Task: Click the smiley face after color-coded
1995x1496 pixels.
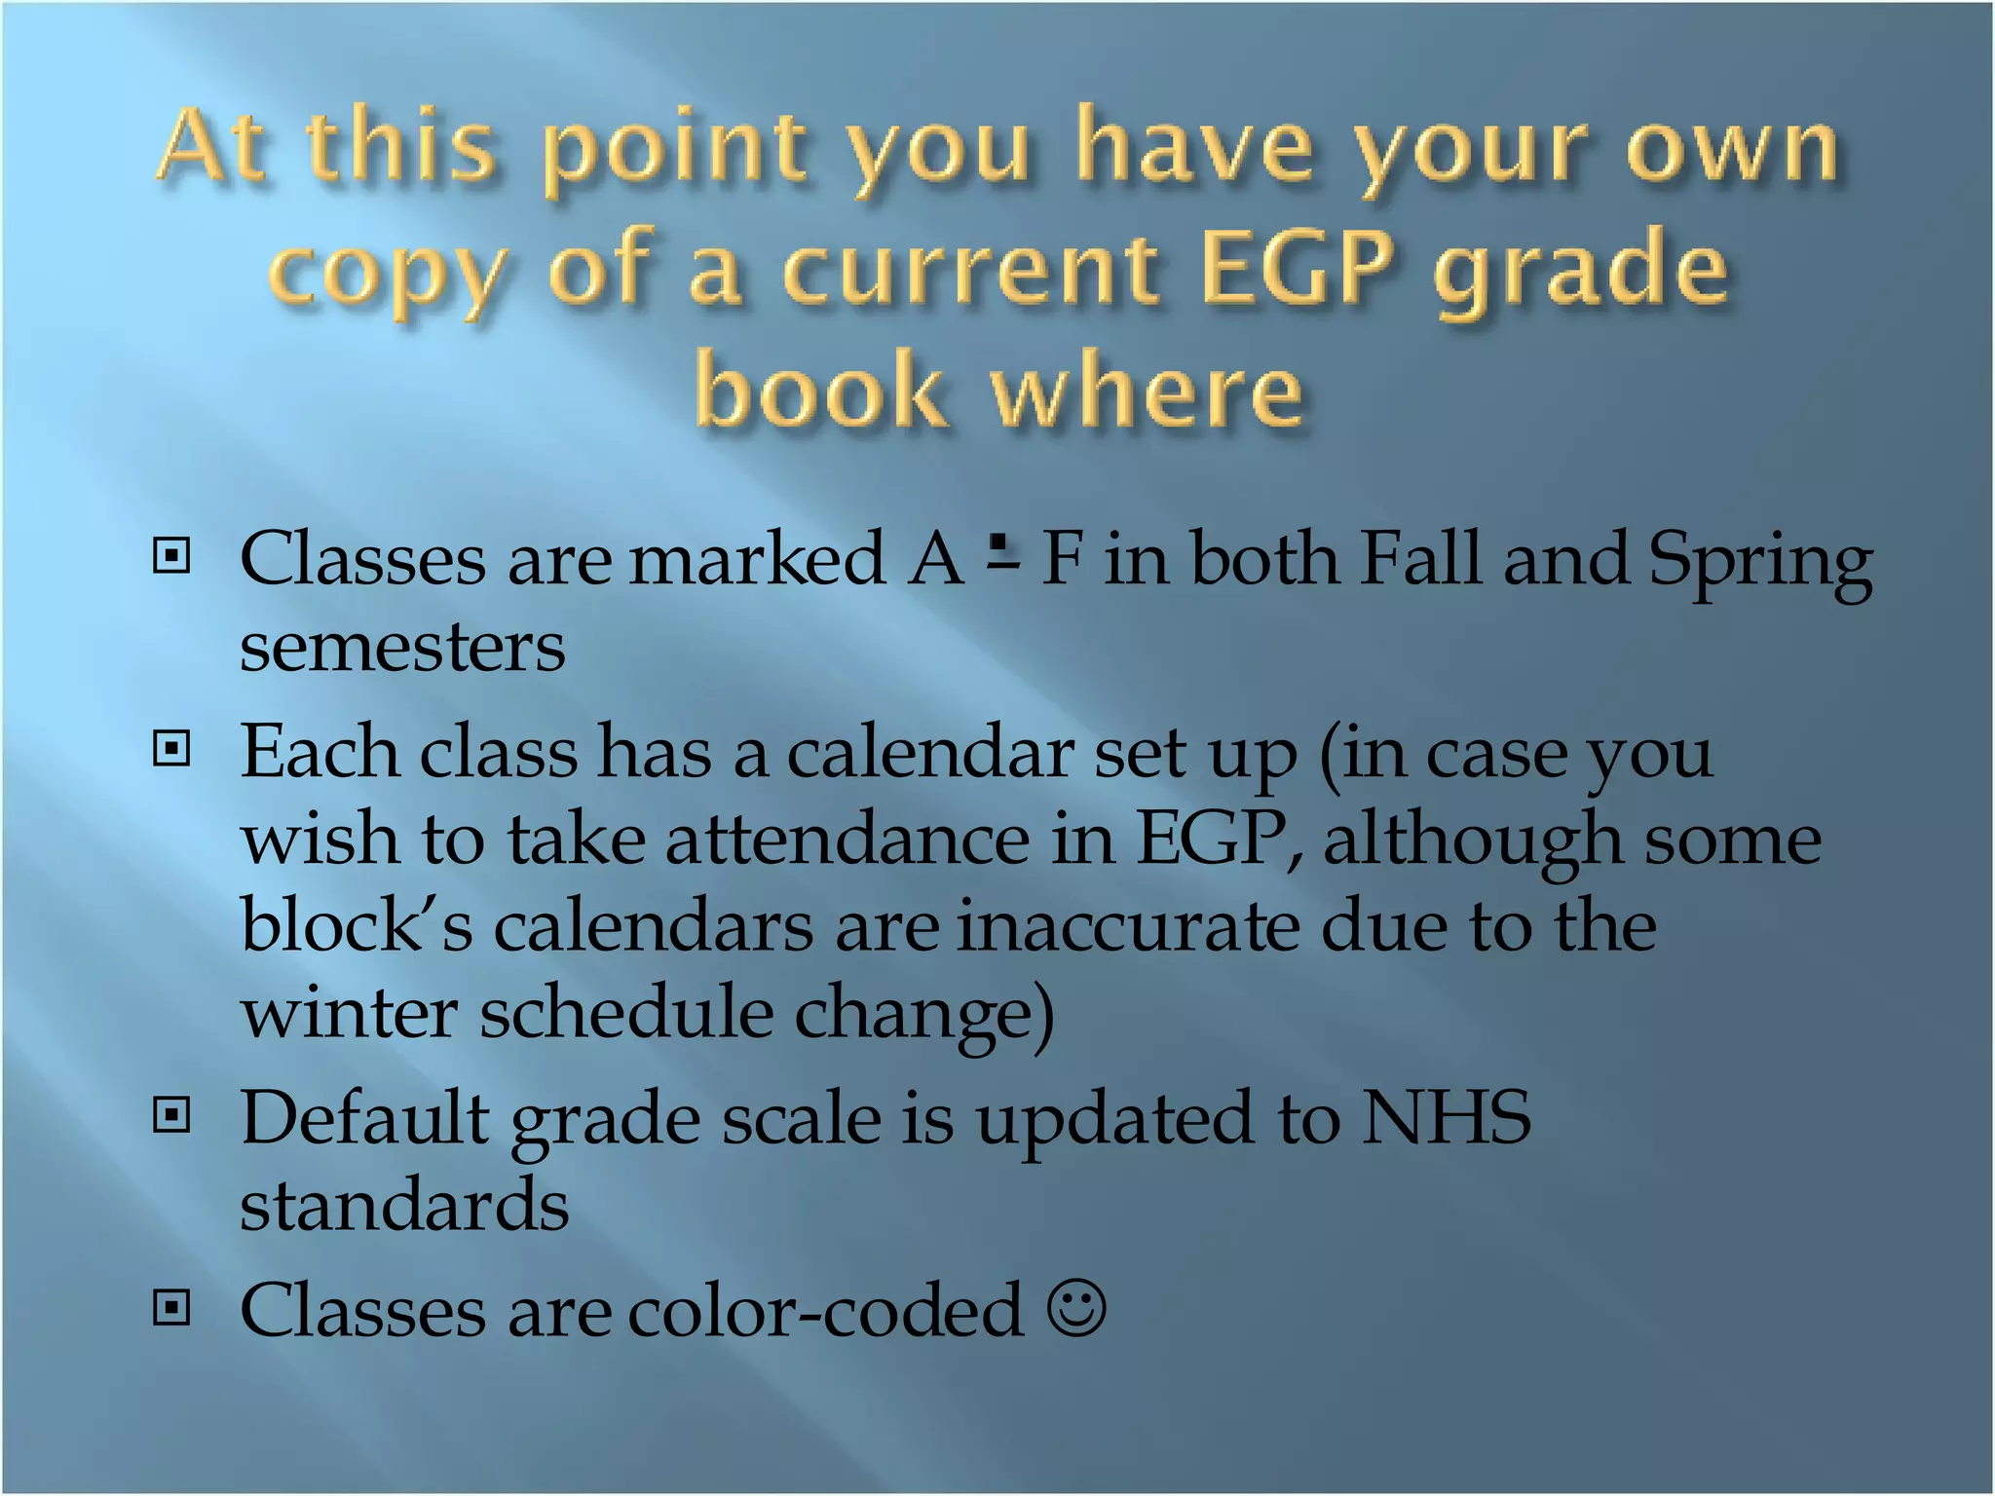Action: (1076, 1308)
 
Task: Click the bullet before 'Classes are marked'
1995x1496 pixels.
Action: (171, 556)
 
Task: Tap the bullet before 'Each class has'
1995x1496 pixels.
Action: (171, 749)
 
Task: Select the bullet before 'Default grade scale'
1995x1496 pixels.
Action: (171, 1114)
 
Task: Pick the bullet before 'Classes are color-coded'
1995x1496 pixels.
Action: (171, 1308)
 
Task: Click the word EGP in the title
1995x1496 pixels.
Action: (1297, 268)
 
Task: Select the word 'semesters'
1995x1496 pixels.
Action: (402, 647)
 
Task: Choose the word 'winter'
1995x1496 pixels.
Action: (349, 1013)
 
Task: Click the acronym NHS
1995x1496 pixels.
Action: (1446, 1117)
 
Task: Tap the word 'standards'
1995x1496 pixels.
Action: (404, 1204)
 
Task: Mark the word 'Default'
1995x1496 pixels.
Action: (364, 1117)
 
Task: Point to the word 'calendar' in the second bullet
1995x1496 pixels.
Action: (929, 753)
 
